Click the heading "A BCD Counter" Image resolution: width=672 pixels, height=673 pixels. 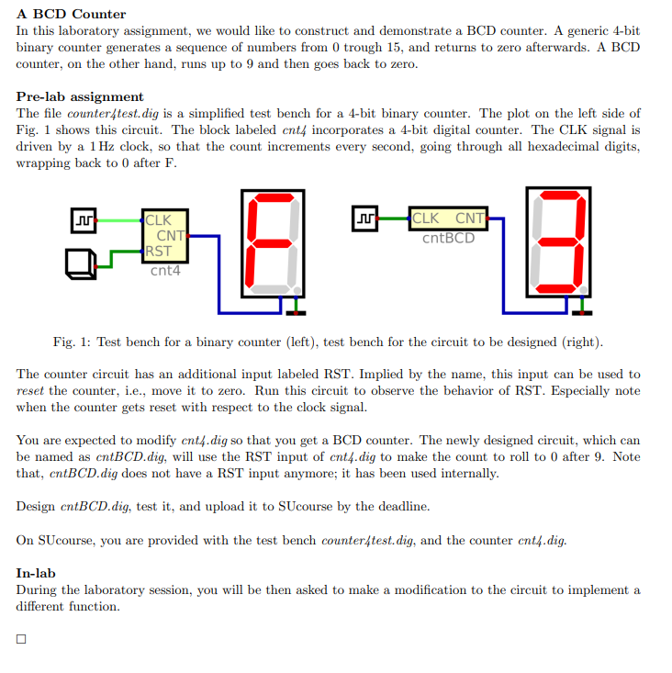click(71, 14)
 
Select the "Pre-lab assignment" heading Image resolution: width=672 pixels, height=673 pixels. click(80, 96)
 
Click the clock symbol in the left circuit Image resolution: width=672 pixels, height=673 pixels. click(83, 220)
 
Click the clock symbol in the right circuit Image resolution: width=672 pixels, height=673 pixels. click(364, 219)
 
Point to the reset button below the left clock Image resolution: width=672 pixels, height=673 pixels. click(80, 263)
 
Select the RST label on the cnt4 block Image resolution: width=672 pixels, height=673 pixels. click(158, 251)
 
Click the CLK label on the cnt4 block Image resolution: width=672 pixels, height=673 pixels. click(158, 220)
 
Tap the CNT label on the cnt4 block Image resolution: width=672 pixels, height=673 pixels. click(171, 236)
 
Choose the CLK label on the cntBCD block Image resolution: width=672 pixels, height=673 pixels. click(425, 219)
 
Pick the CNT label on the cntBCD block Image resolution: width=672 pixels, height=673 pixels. click(470, 219)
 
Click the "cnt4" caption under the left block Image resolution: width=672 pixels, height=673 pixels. click(165, 271)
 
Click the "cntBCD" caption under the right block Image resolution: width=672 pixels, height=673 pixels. click(448, 239)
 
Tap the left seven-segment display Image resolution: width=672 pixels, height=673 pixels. click(271, 243)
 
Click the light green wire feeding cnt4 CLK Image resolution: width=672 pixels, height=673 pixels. click(118, 220)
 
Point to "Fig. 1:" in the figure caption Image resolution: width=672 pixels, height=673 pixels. click(72, 342)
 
